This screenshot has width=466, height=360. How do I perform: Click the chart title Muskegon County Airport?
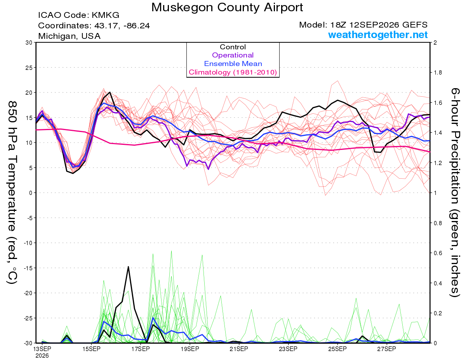point(227,7)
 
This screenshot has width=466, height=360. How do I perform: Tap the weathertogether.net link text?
point(377,35)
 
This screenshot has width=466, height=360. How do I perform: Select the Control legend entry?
point(233,47)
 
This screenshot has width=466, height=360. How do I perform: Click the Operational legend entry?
point(233,55)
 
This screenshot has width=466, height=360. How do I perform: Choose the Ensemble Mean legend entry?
point(233,64)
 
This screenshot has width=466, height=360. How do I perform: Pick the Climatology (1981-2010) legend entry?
point(233,72)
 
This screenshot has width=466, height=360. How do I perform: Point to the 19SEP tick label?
point(190,349)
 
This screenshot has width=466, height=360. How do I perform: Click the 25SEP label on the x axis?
point(337,349)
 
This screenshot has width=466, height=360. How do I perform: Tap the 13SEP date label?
point(42,349)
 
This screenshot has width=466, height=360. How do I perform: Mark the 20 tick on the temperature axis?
point(29,93)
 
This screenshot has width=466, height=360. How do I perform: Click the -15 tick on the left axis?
point(28,268)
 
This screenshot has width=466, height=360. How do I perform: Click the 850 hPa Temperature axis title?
point(12,192)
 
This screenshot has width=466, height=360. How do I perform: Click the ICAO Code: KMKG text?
point(79,15)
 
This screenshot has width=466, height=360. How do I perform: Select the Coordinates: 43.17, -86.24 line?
point(94,26)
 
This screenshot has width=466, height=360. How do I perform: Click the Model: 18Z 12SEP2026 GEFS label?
point(363,25)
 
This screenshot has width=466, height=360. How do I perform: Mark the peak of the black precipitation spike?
point(128,267)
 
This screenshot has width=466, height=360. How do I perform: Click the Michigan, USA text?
point(69,36)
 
